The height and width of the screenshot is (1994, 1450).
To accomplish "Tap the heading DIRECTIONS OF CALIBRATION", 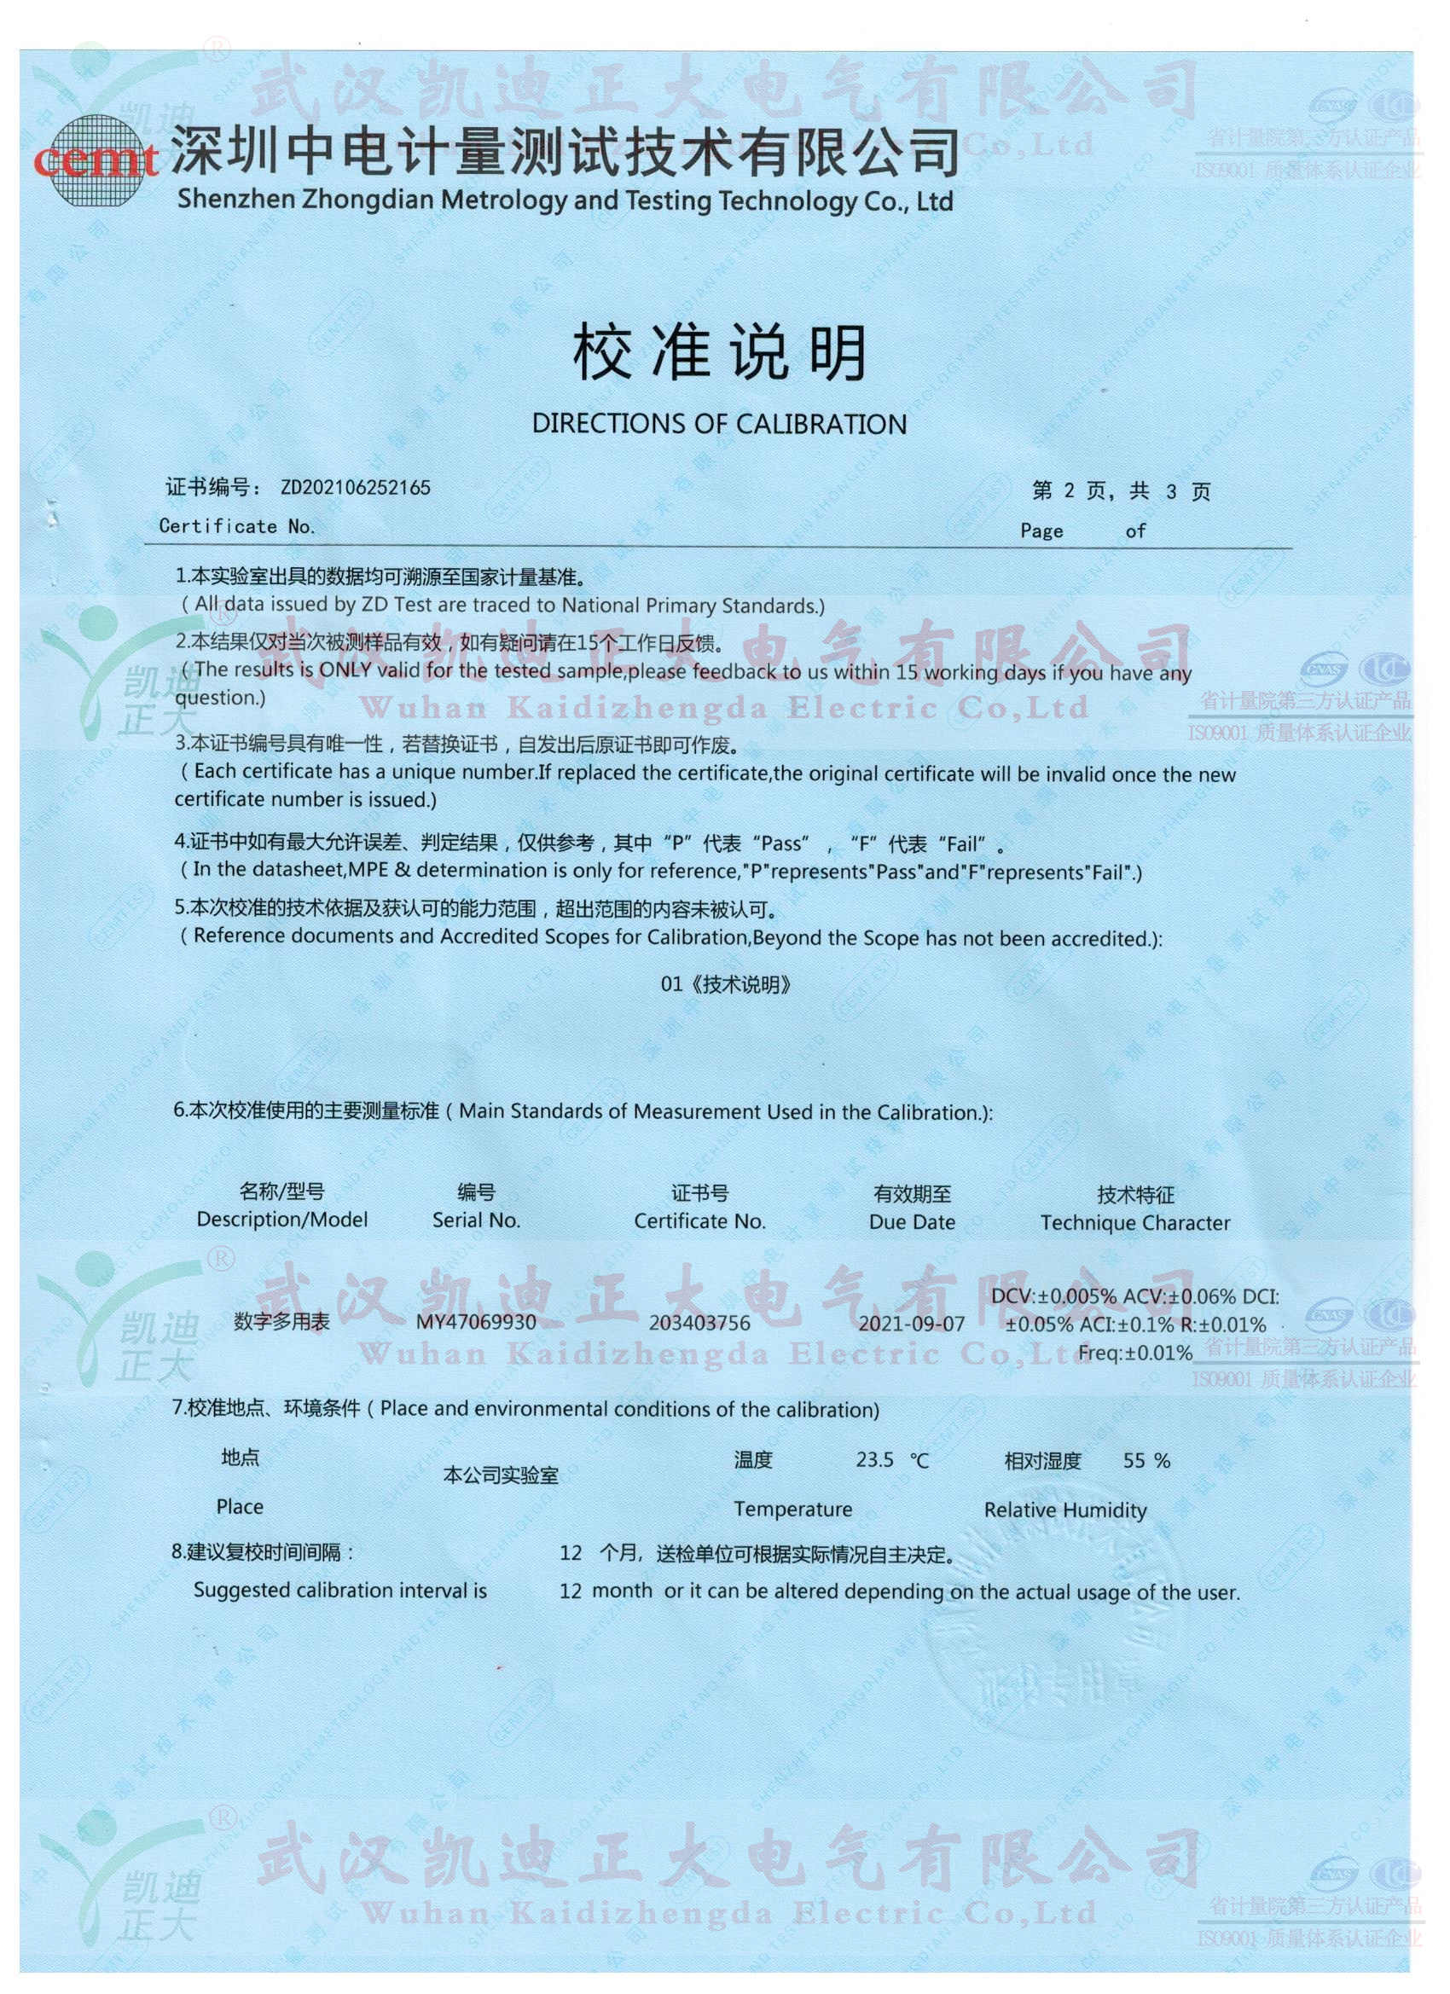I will point(718,424).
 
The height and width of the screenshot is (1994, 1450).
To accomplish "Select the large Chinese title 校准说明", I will point(718,352).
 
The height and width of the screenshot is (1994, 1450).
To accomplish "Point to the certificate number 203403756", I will point(700,1323).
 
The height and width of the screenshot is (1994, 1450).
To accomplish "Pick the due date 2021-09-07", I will point(912,1323).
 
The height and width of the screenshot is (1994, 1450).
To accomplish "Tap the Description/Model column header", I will point(282,1220).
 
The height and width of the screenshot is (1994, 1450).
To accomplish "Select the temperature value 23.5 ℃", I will point(891,1460).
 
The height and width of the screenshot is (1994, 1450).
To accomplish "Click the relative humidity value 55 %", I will point(1146,1461).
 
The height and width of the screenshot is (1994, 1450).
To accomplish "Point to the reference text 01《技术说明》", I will point(726,984).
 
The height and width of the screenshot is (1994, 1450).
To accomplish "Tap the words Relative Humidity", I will point(1064,1510).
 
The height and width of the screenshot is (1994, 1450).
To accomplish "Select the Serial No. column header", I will point(476,1220).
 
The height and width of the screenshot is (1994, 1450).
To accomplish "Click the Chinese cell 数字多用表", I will point(281,1321).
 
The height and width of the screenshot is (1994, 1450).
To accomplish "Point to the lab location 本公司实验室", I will point(501,1475).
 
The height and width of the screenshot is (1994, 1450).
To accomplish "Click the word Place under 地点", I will point(239,1507).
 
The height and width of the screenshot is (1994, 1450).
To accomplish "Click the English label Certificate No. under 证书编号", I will point(236,526).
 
